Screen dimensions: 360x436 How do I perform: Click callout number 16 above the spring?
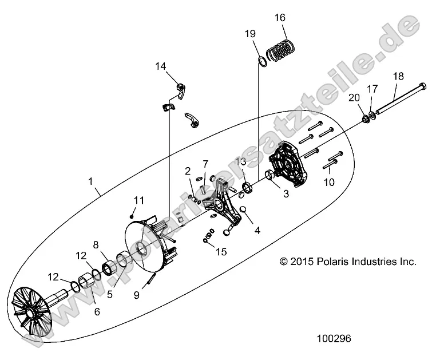[280, 18]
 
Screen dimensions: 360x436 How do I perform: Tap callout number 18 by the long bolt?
[398, 76]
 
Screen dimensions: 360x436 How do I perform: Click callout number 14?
[161, 66]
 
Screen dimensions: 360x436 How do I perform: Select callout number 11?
[139, 200]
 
